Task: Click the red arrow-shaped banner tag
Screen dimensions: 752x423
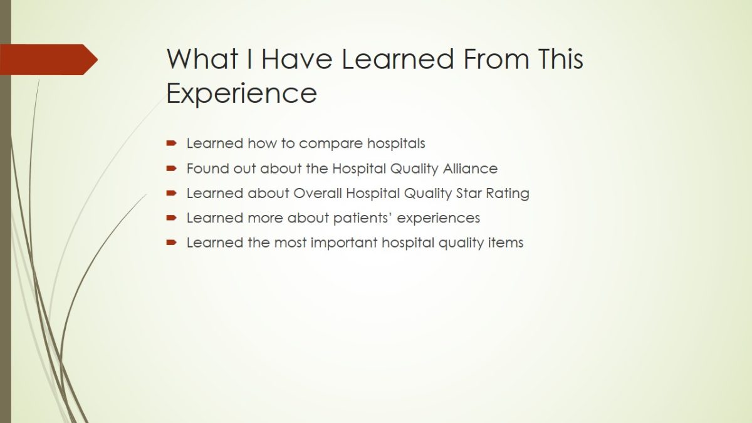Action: click(49, 60)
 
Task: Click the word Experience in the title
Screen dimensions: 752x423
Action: click(242, 93)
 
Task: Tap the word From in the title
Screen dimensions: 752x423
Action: click(496, 59)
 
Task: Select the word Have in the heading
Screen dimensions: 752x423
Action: click(297, 59)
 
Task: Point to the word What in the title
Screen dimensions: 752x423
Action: click(202, 59)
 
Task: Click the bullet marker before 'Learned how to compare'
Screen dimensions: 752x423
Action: click(171, 144)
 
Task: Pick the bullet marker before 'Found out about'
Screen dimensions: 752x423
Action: click(171, 168)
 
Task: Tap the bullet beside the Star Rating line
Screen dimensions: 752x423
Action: click(171, 193)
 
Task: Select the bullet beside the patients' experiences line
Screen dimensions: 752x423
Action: click(171, 218)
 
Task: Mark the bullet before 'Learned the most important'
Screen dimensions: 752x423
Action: click(171, 243)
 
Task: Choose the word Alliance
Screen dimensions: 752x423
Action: click(470, 169)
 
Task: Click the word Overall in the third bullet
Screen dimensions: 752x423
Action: click(318, 194)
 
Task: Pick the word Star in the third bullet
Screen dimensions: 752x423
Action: click(469, 194)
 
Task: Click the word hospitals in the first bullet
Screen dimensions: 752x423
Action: click(396, 144)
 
